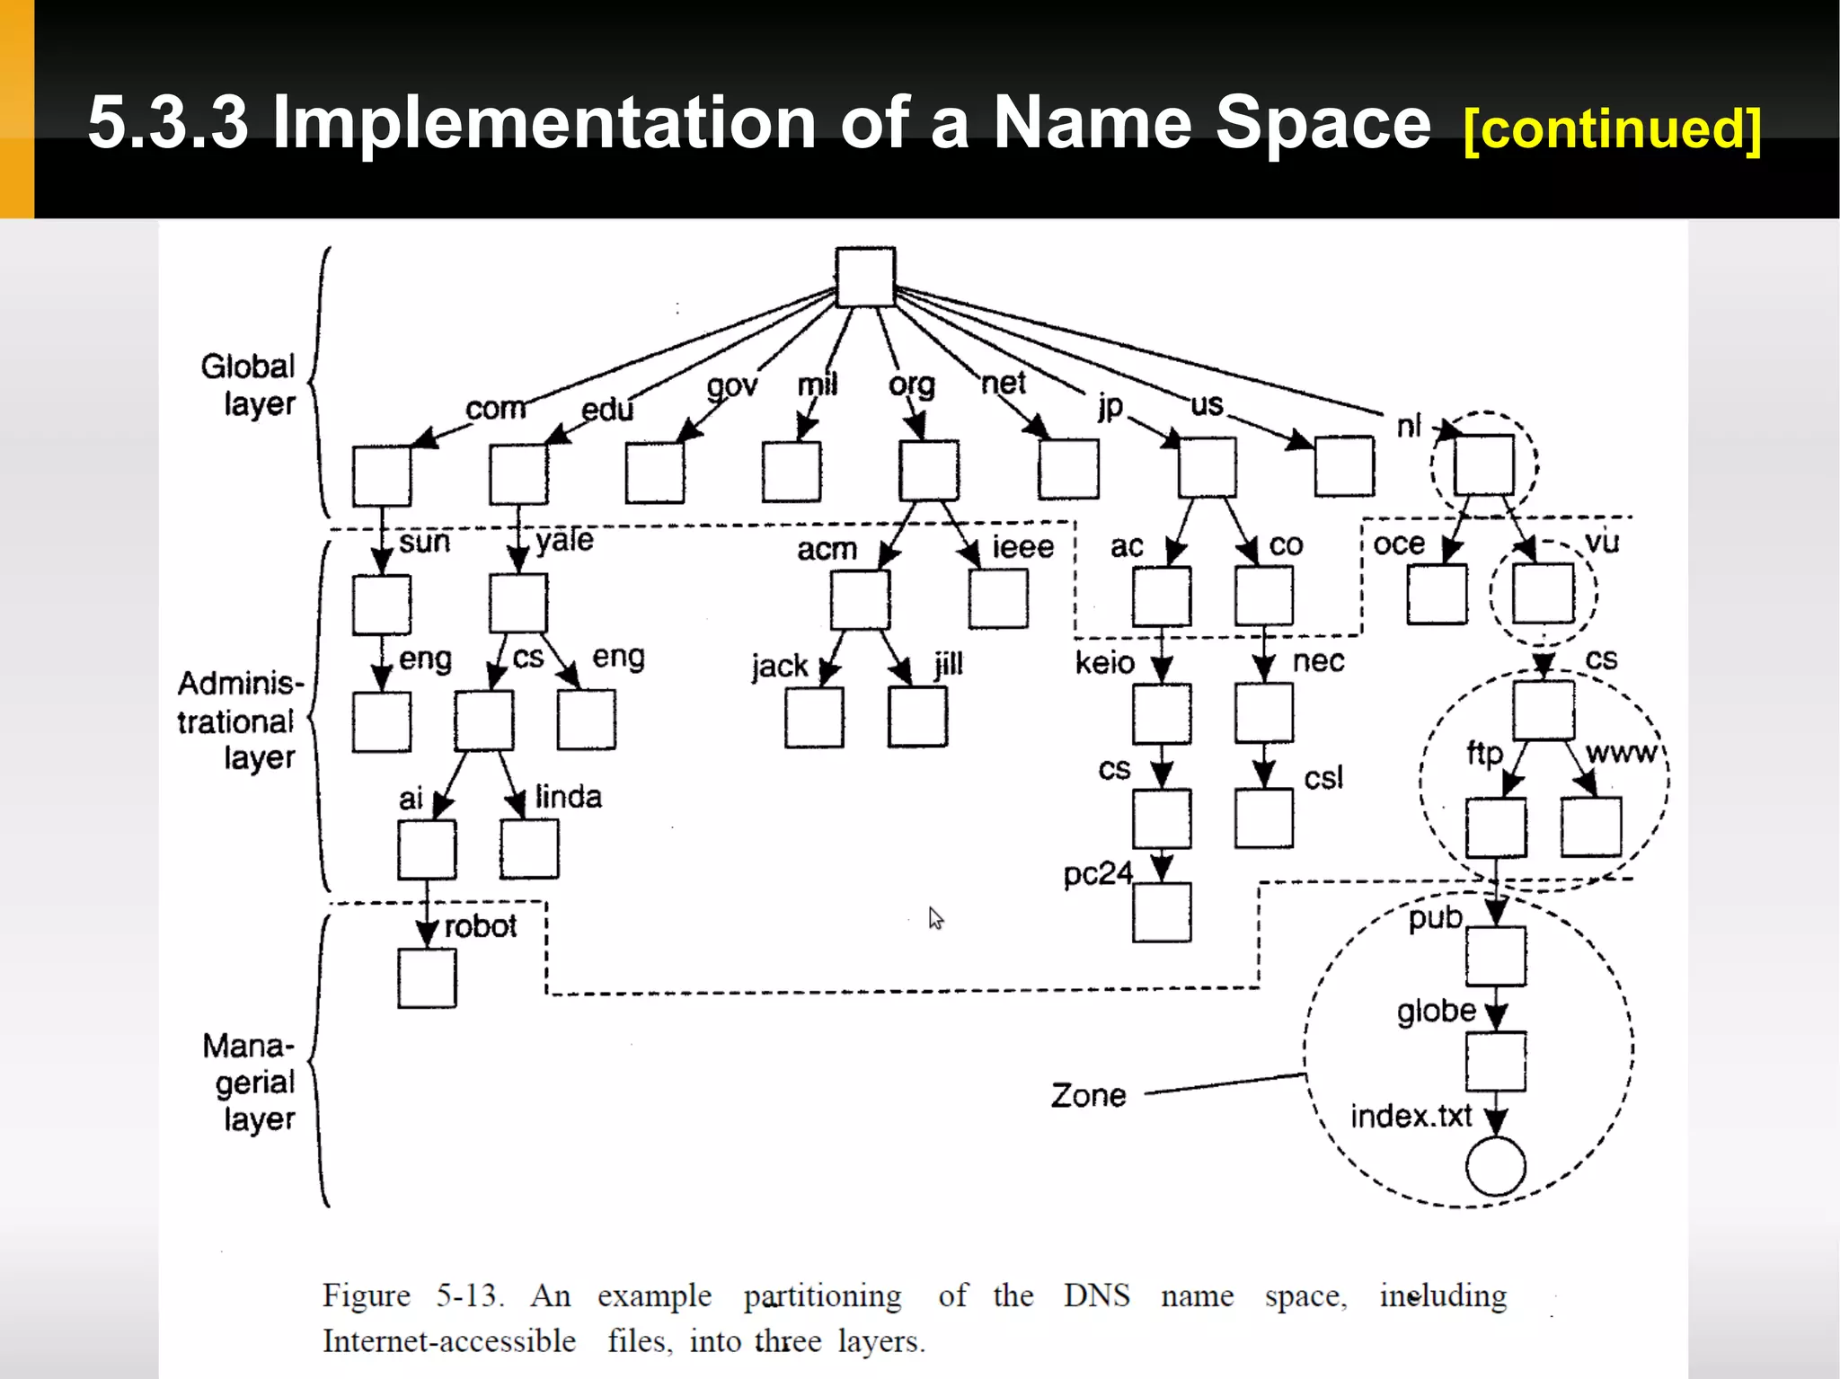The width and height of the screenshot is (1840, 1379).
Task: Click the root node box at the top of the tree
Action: pos(865,278)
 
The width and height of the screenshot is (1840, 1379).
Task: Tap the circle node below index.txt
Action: pos(1495,1166)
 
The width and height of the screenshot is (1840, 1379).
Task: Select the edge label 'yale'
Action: pos(565,540)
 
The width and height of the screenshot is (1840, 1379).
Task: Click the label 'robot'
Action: pos(481,926)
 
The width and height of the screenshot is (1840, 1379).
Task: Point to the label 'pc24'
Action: pos(1098,874)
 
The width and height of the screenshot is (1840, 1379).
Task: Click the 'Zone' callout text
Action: pos(1088,1096)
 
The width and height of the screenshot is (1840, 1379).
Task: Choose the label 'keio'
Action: pos(1105,663)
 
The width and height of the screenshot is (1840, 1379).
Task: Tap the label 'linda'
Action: pos(569,797)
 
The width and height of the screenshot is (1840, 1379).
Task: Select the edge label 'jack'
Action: pos(780,667)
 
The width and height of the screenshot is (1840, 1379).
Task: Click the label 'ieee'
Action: pos(1022,547)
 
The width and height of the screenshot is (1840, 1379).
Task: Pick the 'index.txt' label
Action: pos(1411,1117)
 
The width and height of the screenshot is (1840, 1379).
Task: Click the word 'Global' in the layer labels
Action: pos(248,367)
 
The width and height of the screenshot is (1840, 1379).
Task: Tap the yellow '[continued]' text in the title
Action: pos(1612,128)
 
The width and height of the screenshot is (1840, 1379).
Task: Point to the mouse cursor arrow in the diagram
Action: pos(935,917)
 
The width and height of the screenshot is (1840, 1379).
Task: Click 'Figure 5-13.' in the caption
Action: pos(413,1295)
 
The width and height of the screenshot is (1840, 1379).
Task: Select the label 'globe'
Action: pos(1436,1012)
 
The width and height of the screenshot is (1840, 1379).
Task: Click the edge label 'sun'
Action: pos(424,542)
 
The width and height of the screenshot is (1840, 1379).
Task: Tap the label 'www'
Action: pos(1621,752)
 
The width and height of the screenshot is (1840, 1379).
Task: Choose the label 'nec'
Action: pos(1318,661)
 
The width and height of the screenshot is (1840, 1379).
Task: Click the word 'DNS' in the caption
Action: pos(1096,1295)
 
